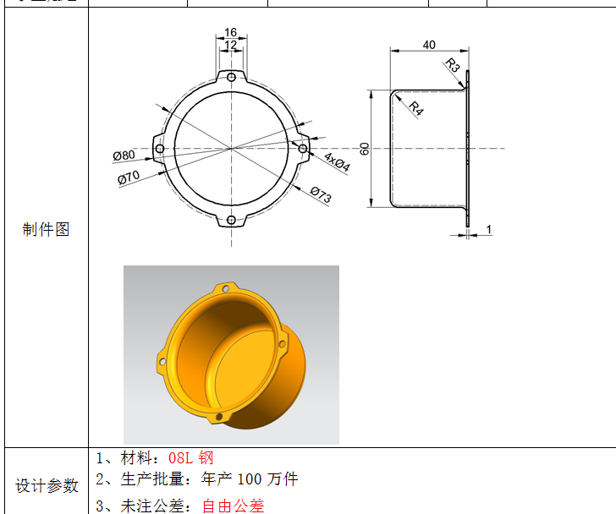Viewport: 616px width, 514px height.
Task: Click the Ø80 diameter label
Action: [x=124, y=156]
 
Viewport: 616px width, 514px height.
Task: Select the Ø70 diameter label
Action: [x=129, y=177]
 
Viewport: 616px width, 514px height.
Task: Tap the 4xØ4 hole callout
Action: [x=336, y=161]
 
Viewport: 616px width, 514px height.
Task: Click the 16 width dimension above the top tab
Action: [x=230, y=33]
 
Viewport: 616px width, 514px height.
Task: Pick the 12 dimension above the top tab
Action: [x=230, y=45]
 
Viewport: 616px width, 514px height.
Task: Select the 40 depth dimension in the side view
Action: [x=429, y=45]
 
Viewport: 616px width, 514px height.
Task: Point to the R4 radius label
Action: [x=416, y=107]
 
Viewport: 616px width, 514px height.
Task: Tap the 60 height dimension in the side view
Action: [x=364, y=148]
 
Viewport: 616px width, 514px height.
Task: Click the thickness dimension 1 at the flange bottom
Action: [x=489, y=229]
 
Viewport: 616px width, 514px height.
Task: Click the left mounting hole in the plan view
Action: [x=159, y=149]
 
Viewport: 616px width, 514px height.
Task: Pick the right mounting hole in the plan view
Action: [x=302, y=149]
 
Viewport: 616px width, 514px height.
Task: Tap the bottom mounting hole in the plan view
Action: [x=231, y=221]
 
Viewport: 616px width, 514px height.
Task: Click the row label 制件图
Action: [x=46, y=229]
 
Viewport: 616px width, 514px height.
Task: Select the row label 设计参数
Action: [x=47, y=485]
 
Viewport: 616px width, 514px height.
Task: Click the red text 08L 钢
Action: [x=191, y=458]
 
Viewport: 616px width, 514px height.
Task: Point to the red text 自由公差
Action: [x=233, y=506]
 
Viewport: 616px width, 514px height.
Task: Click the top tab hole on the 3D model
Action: [x=225, y=288]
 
